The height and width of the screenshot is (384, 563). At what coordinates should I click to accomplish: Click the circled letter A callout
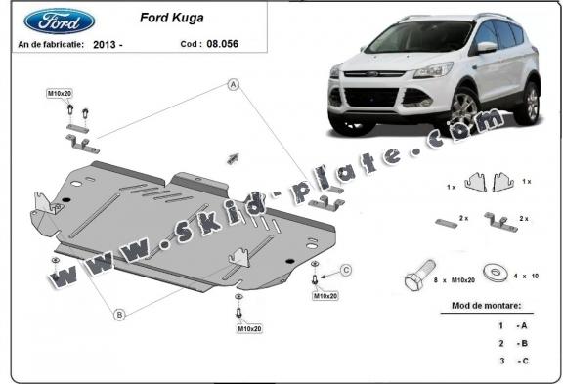click(234, 85)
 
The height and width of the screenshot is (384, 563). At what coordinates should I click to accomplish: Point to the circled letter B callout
click(119, 314)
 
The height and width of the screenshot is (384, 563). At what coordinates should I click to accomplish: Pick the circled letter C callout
click(345, 270)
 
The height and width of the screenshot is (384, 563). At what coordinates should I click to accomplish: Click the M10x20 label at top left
click(61, 93)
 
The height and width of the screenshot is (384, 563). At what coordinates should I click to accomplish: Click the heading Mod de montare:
click(487, 306)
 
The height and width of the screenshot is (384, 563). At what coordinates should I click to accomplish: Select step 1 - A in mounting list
click(513, 324)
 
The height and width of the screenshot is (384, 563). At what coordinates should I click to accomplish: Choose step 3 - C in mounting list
click(513, 361)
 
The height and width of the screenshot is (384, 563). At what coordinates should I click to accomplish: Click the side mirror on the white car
click(486, 48)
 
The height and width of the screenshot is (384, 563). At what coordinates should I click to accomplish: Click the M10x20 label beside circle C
click(325, 295)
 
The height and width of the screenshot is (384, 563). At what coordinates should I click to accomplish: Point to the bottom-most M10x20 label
click(248, 328)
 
